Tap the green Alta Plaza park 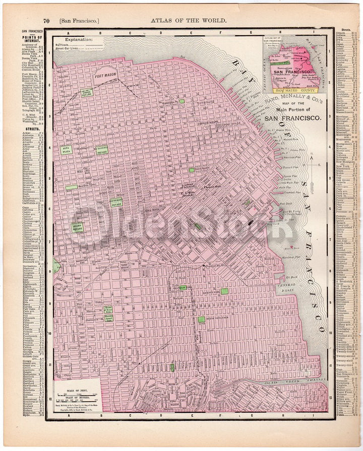click(66, 149)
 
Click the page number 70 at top click(46, 21)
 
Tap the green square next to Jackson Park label click(224, 291)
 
